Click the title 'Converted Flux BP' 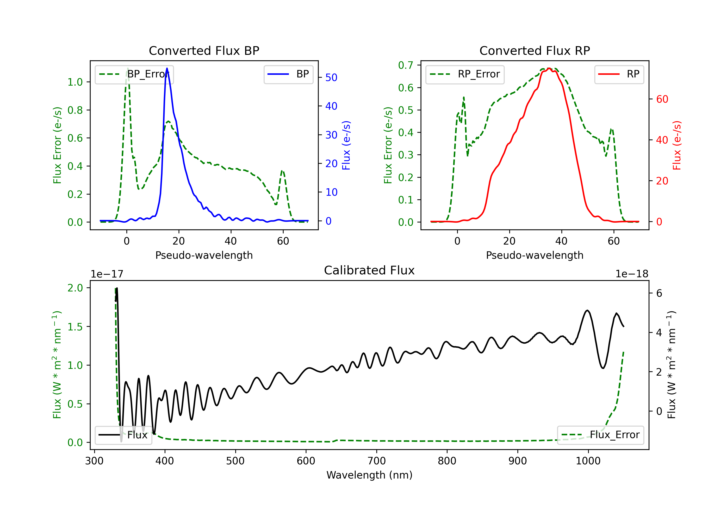204,50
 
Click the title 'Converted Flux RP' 535,50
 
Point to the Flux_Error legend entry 600,435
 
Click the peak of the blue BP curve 167,68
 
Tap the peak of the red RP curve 549,68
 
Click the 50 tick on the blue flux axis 331,78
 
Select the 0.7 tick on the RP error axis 405,65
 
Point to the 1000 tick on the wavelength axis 588,461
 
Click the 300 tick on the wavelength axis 94,461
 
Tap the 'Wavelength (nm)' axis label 369,475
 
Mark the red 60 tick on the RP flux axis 662,99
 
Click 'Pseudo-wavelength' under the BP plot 204,255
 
